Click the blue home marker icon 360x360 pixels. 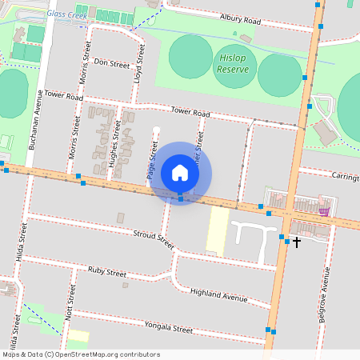(x=180, y=173)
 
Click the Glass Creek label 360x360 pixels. (x=66, y=14)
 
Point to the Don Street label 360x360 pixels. (x=111, y=63)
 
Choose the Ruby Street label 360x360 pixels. (x=107, y=272)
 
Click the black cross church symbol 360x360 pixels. (x=297, y=241)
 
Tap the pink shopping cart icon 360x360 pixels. (x=323, y=211)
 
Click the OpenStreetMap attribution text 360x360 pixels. (x=81, y=354)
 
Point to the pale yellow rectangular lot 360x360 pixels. (x=217, y=232)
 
